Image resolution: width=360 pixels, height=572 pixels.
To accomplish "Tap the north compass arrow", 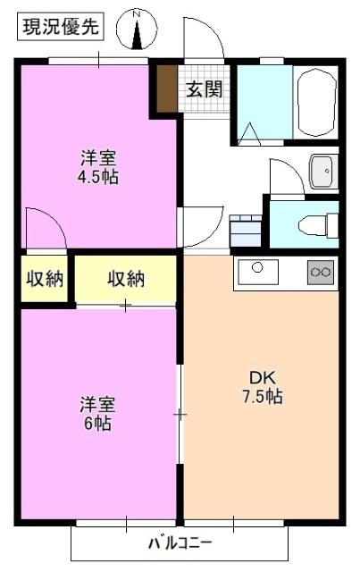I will (138, 35).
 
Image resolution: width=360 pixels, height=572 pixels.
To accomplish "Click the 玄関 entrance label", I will (205, 88).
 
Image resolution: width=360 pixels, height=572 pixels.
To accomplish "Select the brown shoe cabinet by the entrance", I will (167, 88).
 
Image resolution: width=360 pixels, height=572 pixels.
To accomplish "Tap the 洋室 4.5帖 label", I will (98, 167).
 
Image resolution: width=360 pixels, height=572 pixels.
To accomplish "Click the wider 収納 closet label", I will (126, 279).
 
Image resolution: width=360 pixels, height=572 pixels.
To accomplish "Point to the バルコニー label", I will (180, 543).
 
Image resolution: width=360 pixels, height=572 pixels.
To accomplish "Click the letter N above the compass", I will (137, 14).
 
